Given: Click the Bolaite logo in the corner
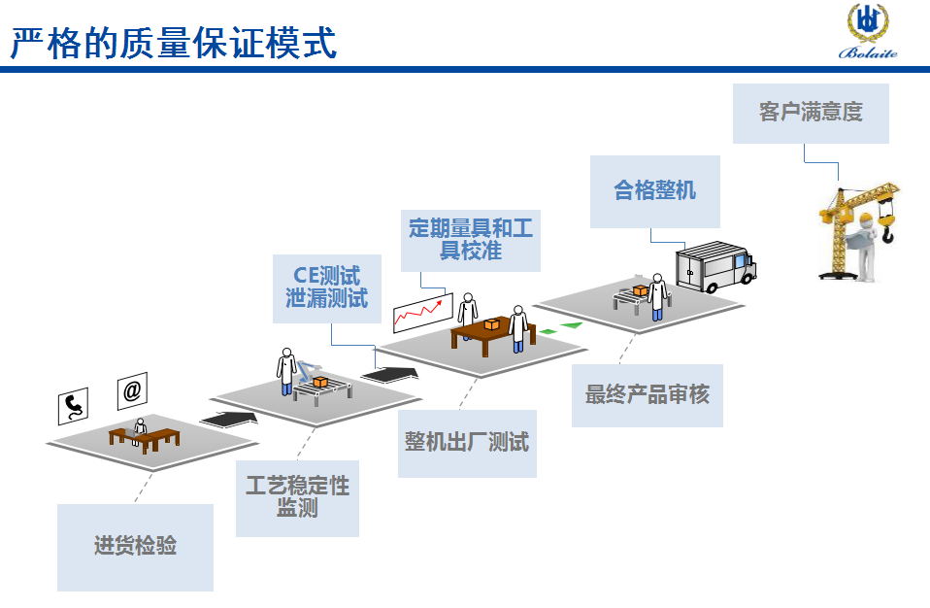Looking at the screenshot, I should pyautogui.click(x=868, y=31).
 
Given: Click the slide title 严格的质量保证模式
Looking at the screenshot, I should pyautogui.click(x=174, y=44).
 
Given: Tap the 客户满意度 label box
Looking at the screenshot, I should pyautogui.click(x=811, y=113).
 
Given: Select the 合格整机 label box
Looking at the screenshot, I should pyautogui.click(x=655, y=190).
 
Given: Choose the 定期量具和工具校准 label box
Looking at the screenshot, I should pyautogui.click(x=471, y=238).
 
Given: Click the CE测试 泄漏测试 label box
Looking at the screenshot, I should pyautogui.click(x=327, y=287).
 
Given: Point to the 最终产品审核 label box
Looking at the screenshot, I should pyautogui.click(x=647, y=394).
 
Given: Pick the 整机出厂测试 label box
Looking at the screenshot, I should pyautogui.click(x=467, y=443).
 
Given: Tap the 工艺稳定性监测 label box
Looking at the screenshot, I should pyautogui.click(x=297, y=496).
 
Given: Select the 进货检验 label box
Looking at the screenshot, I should pyautogui.click(x=135, y=546).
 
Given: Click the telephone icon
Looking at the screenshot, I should pyautogui.click(x=73, y=405).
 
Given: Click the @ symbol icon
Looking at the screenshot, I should pyautogui.click(x=132, y=390).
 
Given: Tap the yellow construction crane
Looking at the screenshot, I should pyautogui.click(x=859, y=230).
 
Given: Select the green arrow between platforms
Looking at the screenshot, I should pyautogui.click(x=562, y=329).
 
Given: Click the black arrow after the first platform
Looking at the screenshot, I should pyautogui.click(x=229, y=419).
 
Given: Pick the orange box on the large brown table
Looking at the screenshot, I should pyautogui.click(x=492, y=323).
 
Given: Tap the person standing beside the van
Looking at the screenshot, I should pyautogui.click(x=658, y=295).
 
